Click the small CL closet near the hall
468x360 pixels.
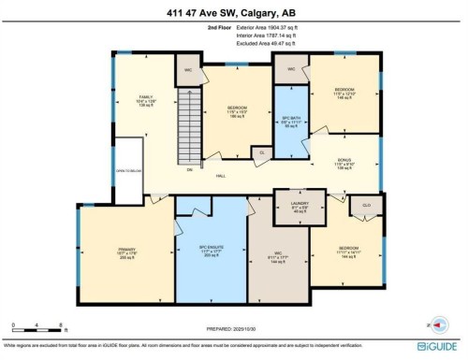(263, 152)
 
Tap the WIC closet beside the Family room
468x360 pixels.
(189, 69)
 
